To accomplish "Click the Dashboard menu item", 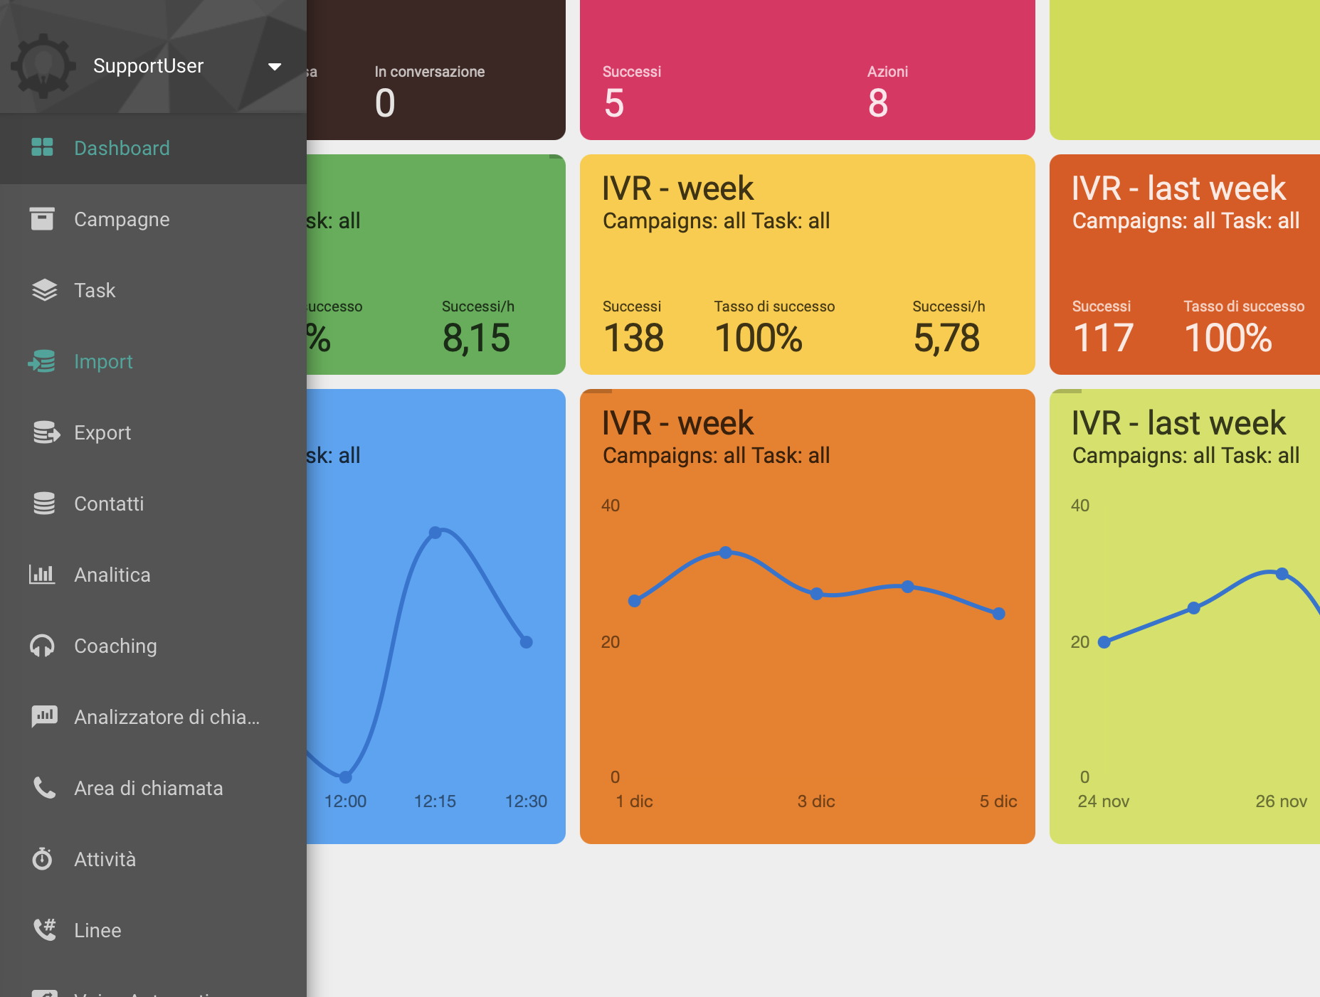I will click(x=122, y=148).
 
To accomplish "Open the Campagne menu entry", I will click(x=122, y=219).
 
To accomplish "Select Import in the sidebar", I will click(x=103, y=361).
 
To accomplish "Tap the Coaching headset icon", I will click(x=43, y=646).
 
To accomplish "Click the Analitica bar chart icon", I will click(x=43, y=575).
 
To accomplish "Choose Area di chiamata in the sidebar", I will click(x=148, y=788).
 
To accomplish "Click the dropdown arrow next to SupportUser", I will click(x=275, y=67).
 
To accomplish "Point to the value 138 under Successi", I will click(x=633, y=338).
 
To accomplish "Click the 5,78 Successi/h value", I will click(x=946, y=338).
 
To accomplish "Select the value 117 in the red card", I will click(x=1103, y=338).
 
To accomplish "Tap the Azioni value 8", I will click(x=878, y=104).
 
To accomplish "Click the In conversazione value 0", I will click(x=385, y=104).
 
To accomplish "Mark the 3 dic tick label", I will click(x=816, y=801).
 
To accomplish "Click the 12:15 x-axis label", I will click(x=435, y=801).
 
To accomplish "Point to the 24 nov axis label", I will click(x=1103, y=801).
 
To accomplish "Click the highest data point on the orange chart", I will click(x=726, y=553).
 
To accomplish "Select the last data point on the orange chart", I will click(x=999, y=614).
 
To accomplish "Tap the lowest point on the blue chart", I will click(x=346, y=777).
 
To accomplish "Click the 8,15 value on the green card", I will click(x=476, y=338).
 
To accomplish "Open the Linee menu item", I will click(x=97, y=930).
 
